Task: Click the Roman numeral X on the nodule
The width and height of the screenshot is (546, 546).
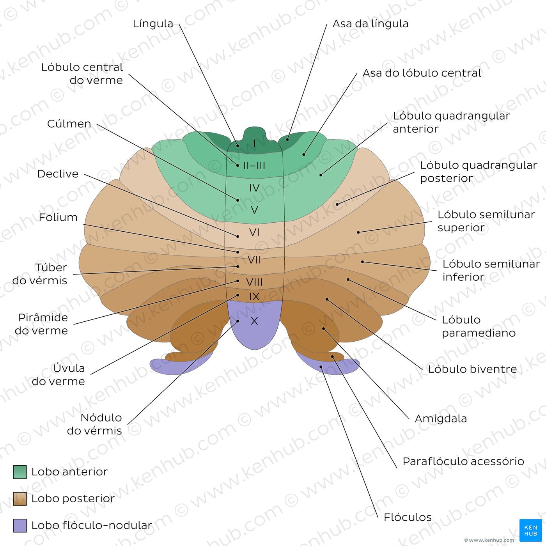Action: (x=254, y=321)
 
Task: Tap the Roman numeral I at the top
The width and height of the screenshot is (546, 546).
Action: (x=254, y=144)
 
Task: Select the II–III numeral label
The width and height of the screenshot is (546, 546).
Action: (x=254, y=166)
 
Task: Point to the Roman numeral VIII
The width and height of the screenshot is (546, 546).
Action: (x=254, y=282)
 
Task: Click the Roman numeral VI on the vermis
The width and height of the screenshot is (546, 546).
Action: (x=254, y=232)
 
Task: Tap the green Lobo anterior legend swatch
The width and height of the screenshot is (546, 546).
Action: (x=20, y=472)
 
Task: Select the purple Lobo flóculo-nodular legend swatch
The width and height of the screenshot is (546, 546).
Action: (x=20, y=526)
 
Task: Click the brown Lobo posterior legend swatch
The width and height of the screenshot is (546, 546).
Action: (x=20, y=499)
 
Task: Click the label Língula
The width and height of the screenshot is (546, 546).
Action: (x=153, y=24)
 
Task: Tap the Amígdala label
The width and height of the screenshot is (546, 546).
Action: (x=441, y=418)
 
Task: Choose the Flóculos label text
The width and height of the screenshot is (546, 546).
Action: (x=408, y=517)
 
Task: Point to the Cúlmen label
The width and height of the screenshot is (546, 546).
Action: (x=69, y=124)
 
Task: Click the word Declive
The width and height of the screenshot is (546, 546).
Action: (x=58, y=174)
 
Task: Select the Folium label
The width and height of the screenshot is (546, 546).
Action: (x=58, y=217)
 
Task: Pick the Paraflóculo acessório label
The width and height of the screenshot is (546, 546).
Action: (x=463, y=461)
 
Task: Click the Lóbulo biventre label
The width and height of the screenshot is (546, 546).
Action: (x=472, y=369)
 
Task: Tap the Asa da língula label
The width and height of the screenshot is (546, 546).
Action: (x=370, y=24)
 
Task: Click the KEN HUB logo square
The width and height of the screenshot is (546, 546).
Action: (x=530, y=530)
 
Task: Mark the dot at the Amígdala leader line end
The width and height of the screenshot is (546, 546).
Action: (x=323, y=329)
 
